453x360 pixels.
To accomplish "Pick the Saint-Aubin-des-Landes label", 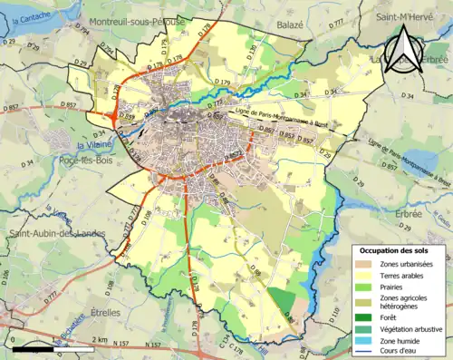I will tap(57, 233).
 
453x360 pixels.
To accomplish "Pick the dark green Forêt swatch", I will tap(368, 316).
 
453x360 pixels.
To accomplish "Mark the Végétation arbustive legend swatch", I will tap(368, 328).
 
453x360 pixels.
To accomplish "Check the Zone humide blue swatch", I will tap(368, 340).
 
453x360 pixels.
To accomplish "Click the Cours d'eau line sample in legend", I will tap(368, 352).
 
